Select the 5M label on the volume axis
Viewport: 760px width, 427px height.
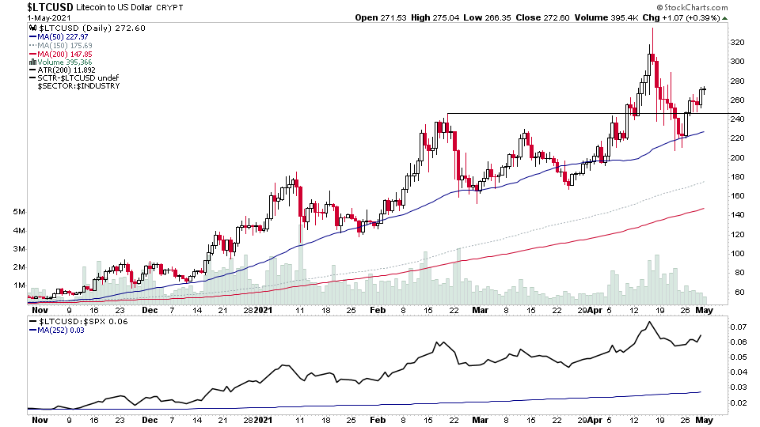[x=19, y=213]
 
